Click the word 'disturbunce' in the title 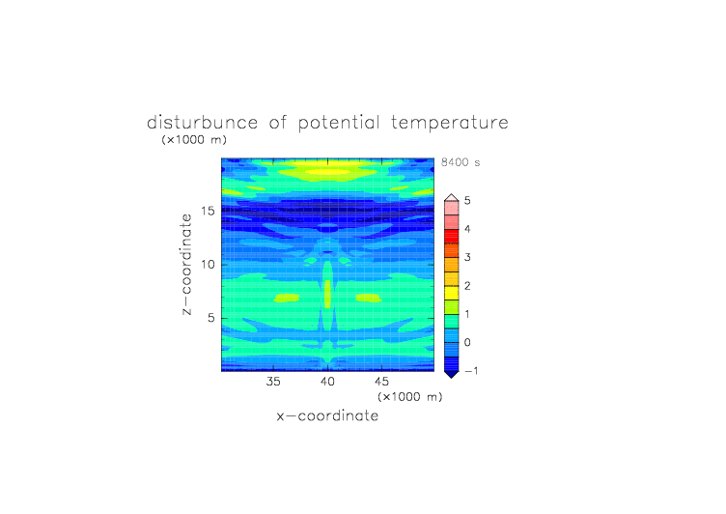pyautogui.click(x=202, y=123)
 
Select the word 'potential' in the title pyautogui.click(x=339, y=124)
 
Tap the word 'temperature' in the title pyautogui.click(x=450, y=124)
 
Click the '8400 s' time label pyautogui.click(x=461, y=162)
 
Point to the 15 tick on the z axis pyautogui.click(x=208, y=211)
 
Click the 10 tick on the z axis pyautogui.click(x=208, y=264)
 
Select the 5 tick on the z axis pyautogui.click(x=211, y=318)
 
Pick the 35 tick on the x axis pyautogui.click(x=273, y=382)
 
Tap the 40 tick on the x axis pyautogui.click(x=327, y=382)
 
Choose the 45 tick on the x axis pyautogui.click(x=381, y=382)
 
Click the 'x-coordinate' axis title pyautogui.click(x=327, y=415)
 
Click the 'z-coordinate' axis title pyautogui.click(x=186, y=265)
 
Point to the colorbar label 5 pyautogui.click(x=467, y=200)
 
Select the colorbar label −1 pyautogui.click(x=470, y=371)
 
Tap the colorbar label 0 pyautogui.click(x=467, y=343)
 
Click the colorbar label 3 pyautogui.click(x=467, y=257)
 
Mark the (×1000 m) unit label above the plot pyautogui.click(x=194, y=139)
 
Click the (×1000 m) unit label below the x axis pyautogui.click(x=409, y=397)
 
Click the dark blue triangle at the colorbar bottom pyautogui.click(x=452, y=374)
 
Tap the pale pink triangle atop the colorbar pyautogui.click(x=452, y=198)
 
